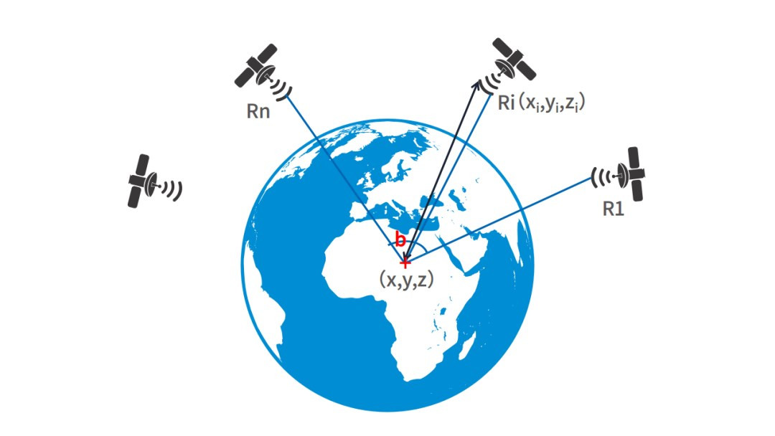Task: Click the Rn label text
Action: [258, 112]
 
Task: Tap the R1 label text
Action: [614, 210]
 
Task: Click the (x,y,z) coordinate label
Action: [405, 280]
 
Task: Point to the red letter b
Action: [400, 240]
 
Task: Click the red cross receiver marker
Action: [405, 262]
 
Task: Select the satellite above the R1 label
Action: [634, 174]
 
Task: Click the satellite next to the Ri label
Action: [515, 62]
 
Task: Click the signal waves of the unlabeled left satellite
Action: [172, 189]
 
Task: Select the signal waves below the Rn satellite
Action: [282, 87]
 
